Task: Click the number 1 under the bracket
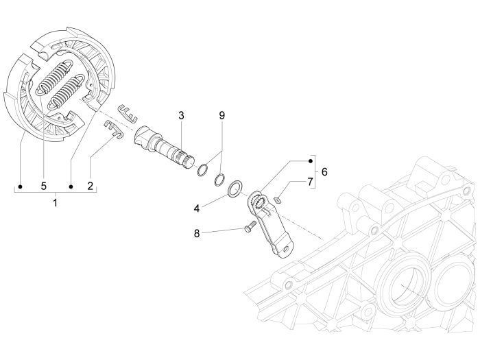pos(56,203)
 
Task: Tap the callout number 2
pos(91,186)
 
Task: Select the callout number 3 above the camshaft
pos(182,115)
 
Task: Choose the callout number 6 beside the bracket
pos(324,171)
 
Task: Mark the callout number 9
pos(221,115)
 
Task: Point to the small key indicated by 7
pos(278,200)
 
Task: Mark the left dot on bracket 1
pos(21,186)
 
